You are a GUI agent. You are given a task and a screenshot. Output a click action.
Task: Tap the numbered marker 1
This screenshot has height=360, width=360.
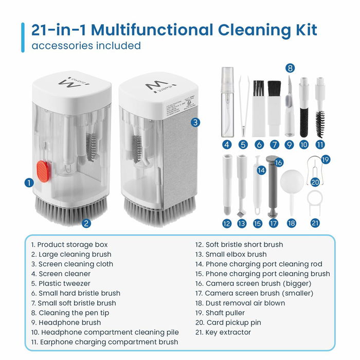pos(29,182)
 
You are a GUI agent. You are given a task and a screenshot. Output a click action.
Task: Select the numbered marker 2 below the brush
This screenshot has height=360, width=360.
pos(86,223)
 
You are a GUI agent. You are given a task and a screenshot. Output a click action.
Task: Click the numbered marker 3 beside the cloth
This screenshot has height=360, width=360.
pos(195,122)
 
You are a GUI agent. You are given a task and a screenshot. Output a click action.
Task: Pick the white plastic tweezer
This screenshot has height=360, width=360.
pos(243,105)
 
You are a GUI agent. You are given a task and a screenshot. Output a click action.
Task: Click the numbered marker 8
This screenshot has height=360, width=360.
pos(291,68)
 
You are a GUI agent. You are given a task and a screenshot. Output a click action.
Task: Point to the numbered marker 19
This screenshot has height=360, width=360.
pos(326,160)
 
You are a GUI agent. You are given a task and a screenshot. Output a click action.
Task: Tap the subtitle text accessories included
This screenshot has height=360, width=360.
pos(86,46)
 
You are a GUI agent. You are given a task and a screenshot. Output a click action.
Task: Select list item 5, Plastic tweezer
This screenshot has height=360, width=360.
pos(61,283)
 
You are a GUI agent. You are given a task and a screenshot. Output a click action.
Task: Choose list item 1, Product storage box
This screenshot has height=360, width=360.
pos(69,244)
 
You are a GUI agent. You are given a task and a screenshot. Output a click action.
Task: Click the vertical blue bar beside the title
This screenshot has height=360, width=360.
pos(23,37)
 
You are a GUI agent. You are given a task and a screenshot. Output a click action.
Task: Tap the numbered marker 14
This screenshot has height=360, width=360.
pos(261,170)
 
